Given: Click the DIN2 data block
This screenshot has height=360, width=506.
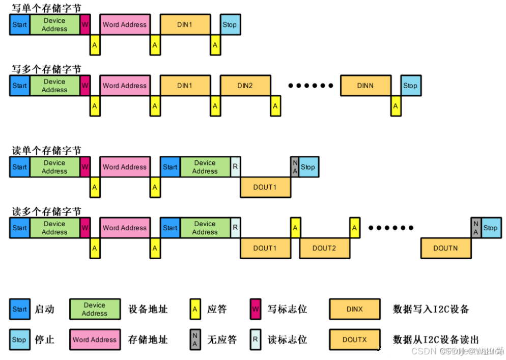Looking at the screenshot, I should tap(245, 86).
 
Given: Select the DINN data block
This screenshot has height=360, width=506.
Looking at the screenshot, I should tap(366, 86).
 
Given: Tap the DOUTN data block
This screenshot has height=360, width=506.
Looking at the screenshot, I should tap(445, 248).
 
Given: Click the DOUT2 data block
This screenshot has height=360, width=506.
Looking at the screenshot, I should tap(324, 248).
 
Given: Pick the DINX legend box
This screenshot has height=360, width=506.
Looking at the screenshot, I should tap(355, 309).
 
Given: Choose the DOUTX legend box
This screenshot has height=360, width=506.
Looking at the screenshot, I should tap(355, 340).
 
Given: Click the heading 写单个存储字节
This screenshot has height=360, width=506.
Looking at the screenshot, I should tap(46, 8).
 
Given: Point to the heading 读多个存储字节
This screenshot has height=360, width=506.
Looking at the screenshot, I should tap(46, 211).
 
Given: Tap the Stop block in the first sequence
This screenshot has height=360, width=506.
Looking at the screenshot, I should tap(230, 24).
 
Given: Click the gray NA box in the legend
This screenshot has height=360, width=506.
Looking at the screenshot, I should tap(194, 340).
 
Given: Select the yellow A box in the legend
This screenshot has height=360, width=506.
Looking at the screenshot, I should tap(194, 309).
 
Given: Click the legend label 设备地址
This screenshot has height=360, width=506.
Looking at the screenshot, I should tap(148, 309).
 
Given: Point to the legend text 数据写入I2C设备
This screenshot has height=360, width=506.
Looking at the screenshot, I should tap(431, 309).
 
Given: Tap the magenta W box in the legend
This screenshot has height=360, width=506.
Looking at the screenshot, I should tap(255, 309).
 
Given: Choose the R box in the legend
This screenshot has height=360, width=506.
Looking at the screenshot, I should tap(255, 340).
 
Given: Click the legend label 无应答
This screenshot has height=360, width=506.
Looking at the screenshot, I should tap(222, 340).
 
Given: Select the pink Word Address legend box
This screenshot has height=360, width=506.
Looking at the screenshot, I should tap(95, 340).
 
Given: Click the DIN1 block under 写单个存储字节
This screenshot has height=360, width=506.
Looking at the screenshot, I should tap(185, 24).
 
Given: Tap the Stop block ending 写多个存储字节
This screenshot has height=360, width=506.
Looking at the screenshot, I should tap(410, 86).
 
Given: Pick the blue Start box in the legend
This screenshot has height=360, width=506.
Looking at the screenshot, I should tap(19, 309).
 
